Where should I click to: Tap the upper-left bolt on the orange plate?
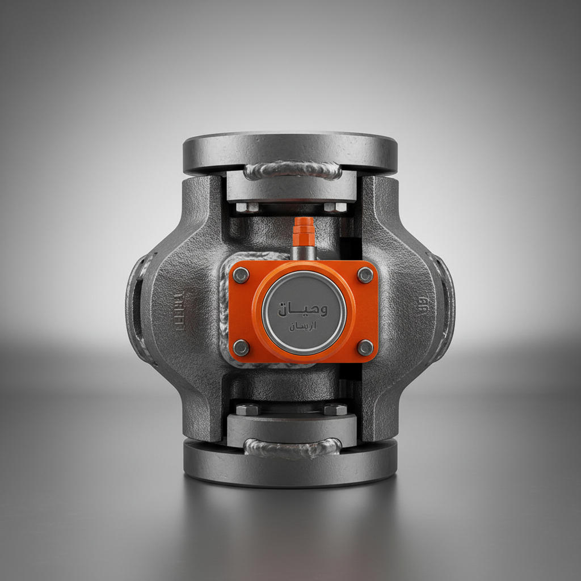241,275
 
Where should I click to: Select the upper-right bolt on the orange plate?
365,275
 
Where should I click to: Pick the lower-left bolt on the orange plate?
241,347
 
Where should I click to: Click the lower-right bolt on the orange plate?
365,347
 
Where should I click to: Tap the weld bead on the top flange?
292,169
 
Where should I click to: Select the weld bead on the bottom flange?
292,448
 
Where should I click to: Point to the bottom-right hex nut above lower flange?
335,409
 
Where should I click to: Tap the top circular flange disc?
290,149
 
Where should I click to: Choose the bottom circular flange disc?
290,465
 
